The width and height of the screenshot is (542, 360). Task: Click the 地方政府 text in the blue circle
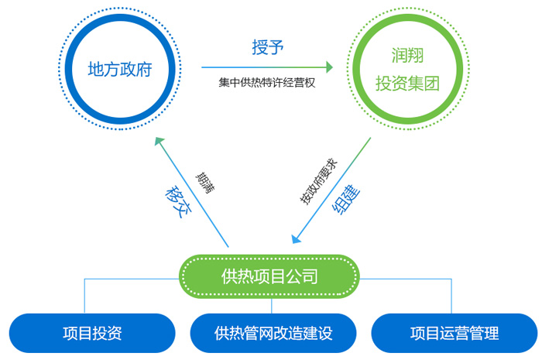point(120,69)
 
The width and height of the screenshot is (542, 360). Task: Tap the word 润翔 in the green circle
point(407,55)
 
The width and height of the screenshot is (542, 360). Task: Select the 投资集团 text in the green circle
point(407,84)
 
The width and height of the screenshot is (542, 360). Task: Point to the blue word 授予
point(268,47)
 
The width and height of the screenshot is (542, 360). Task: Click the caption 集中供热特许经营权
point(267,83)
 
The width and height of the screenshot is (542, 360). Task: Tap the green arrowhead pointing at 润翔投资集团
point(329,67)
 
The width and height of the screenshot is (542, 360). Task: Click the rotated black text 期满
point(205,183)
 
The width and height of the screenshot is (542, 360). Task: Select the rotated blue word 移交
point(178,202)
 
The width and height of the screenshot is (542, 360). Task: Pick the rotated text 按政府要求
point(318,181)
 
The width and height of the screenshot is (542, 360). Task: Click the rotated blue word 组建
point(346,200)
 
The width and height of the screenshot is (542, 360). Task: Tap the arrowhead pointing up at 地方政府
point(160,141)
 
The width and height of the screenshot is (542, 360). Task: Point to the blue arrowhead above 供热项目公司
point(297,238)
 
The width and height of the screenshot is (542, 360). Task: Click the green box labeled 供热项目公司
point(269,276)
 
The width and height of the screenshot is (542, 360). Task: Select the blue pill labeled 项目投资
point(92,333)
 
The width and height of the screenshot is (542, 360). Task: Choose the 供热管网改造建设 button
point(273,333)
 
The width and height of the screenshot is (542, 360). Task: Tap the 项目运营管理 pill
point(455,333)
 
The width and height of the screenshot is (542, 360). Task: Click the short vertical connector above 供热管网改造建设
point(272,306)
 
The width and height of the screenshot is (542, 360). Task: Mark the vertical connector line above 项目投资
point(84,296)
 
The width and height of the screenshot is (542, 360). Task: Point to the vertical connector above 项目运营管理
point(451,296)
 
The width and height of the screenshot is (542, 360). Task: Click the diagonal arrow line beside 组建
point(332,190)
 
